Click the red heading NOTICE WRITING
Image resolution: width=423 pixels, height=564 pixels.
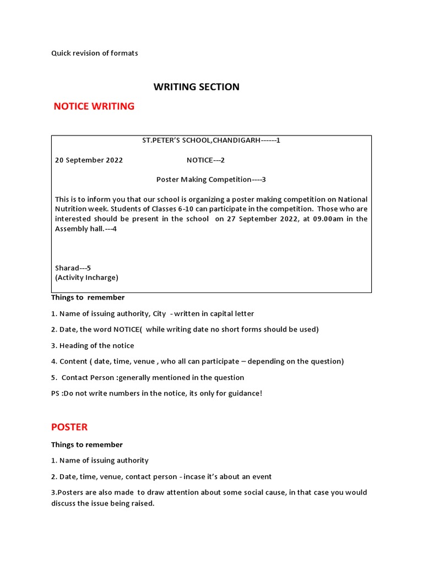(x=94, y=106)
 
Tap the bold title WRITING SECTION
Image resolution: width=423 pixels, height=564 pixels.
(x=196, y=87)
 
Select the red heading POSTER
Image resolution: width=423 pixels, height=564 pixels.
(x=69, y=427)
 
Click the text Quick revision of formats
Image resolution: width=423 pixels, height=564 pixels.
(x=94, y=53)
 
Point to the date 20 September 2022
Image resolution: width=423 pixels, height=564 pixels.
(x=89, y=160)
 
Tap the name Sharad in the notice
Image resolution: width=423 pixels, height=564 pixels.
(x=67, y=268)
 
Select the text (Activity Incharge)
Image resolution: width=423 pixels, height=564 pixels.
(x=86, y=278)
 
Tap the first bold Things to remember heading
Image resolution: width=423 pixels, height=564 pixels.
(x=88, y=297)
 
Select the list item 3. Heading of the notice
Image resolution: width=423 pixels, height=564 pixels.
(x=93, y=345)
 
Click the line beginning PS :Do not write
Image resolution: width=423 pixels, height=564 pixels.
(x=156, y=393)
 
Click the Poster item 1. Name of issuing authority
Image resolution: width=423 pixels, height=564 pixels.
(x=100, y=460)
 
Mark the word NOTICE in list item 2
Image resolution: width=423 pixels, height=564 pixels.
(x=126, y=329)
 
